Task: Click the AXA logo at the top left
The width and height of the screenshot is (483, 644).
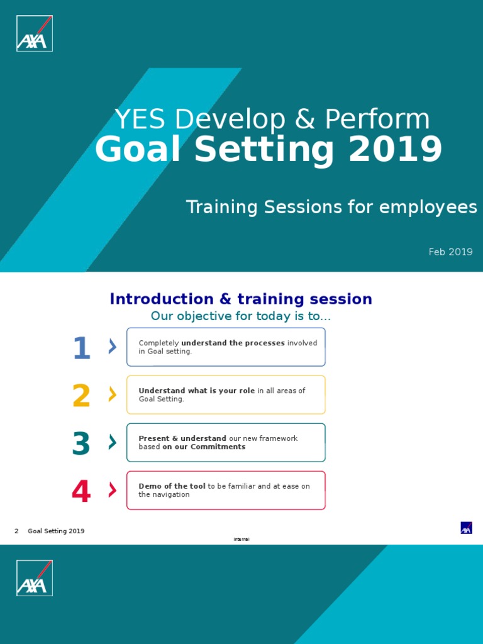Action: coord(35,33)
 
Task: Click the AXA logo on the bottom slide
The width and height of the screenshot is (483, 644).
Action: coord(35,577)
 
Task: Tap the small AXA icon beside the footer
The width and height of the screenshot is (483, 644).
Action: coord(466,528)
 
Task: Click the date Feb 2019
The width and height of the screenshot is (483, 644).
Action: coord(450,252)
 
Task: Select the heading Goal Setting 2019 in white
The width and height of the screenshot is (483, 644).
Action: coord(269,150)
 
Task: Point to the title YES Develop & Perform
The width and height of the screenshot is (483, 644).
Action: coord(272,119)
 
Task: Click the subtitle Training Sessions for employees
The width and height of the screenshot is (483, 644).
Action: coord(331,207)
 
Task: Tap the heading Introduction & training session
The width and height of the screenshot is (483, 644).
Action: coord(241,299)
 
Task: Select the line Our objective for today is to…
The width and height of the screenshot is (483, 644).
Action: coord(241,316)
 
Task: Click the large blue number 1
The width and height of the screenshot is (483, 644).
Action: coord(82,348)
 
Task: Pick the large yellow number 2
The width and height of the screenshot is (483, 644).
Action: coord(82,396)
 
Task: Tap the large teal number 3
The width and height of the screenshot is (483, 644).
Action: coord(82,444)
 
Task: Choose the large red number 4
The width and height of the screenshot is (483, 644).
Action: coord(82,491)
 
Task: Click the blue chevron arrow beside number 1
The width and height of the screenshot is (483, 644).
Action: coord(113,346)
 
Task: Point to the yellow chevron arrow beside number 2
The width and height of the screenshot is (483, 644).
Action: coord(113,394)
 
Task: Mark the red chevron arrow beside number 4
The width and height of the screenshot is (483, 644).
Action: coord(113,490)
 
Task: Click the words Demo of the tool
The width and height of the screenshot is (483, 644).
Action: coord(172,486)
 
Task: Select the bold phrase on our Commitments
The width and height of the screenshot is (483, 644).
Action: coord(204,447)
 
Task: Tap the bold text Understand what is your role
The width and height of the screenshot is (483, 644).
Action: coord(196,391)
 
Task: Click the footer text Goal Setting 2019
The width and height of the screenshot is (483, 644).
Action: coord(56,531)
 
